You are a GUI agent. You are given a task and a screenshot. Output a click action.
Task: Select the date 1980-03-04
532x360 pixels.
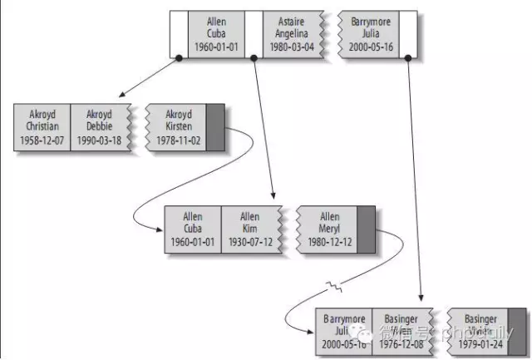coord(291,47)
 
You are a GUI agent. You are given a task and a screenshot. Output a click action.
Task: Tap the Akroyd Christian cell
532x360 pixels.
coord(42,126)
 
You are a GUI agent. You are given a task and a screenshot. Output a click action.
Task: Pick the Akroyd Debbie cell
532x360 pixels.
coord(99,126)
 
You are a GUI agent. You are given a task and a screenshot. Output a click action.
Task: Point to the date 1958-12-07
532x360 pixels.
coord(42,141)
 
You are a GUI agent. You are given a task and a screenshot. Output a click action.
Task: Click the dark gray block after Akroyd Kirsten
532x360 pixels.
coord(215,126)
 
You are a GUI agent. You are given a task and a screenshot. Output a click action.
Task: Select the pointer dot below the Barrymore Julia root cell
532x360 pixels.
coord(407,57)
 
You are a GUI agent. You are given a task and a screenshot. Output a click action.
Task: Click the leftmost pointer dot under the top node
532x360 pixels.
coord(179,57)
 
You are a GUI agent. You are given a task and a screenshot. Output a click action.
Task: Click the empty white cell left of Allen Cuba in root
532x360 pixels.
coord(178,33)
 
